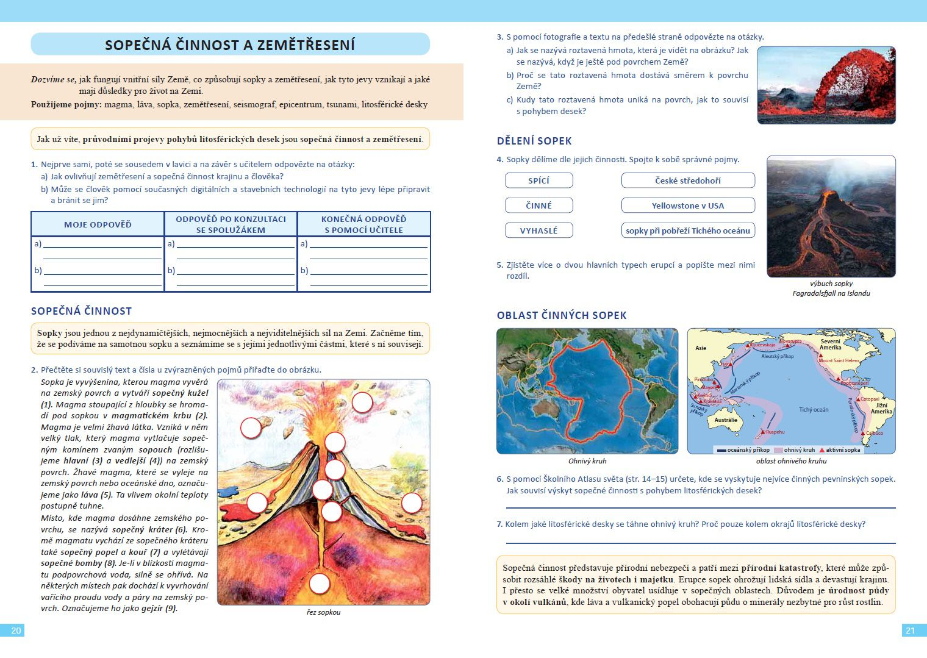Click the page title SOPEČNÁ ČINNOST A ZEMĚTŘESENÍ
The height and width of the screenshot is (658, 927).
pyautogui.click(x=230, y=45)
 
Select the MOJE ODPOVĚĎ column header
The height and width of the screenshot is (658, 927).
pyautogui.click(x=98, y=224)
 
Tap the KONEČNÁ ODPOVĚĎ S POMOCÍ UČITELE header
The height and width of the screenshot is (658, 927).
pyautogui.click(x=363, y=224)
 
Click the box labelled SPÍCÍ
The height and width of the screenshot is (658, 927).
pyautogui.click(x=539, y=181)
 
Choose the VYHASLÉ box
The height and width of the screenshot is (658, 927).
pyautogui.click(x=539, y=231)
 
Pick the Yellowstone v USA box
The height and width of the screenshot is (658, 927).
pyautogui.click(x=687, y=206)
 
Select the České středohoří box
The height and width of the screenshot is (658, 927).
pyautogui.click(x=687, y=181)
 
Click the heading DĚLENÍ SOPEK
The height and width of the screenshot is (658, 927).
pyautogui.click(x=534, y=141)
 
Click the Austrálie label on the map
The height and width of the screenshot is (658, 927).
pyautogui.click(x=726, y=420)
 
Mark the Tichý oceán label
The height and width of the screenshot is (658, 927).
pyautogui.click(x=814, y=409)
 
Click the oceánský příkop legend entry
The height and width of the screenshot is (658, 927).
pyautogui.click(x=743, y=450)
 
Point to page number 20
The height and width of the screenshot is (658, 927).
pyautogui.click(x=16, y=631)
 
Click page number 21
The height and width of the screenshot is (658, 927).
pyautogui.click(x=910, y=631)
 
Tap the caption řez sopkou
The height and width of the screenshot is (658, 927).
pyautogui.click(x=323, y=612)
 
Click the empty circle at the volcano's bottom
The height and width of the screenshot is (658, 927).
pyautogui.click(x=320, y=584)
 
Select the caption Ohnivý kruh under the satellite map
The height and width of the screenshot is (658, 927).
pyautogui.click(x=587, y=461)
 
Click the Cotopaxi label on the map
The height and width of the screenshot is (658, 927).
pyautogui.click(x=870, y=399)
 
